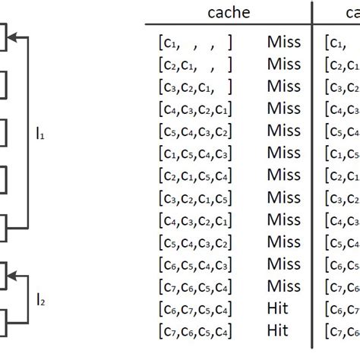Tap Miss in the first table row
click(x=283, y=43)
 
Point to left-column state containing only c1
click(x=191, y=43)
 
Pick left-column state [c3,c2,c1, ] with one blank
click(x=191, y=87)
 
